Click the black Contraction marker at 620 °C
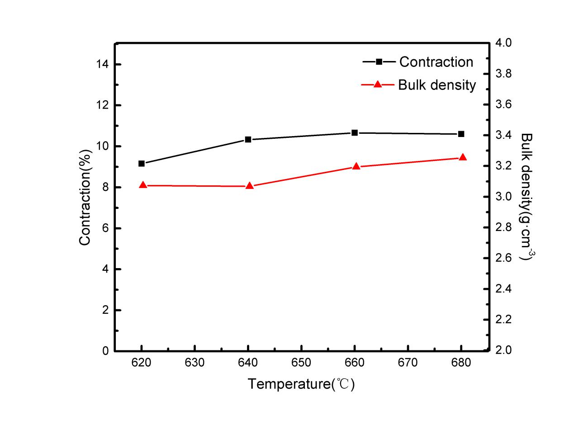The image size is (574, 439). [142, 164]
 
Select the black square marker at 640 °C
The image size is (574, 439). [248, 139]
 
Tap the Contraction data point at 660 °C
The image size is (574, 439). [355, 133]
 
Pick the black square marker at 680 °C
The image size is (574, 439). [461, 134]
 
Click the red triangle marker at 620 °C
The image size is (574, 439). [143, 185]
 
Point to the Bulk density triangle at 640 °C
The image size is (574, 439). [249, 186]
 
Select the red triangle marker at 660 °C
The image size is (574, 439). [356, 166]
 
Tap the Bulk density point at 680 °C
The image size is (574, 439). [463, 157]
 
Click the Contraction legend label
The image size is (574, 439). [436, 62]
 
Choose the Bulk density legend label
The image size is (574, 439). [437, 85]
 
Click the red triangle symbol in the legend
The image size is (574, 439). [379, 84]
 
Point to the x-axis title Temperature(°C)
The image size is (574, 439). [301, 384]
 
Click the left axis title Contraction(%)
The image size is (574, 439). [85, 197]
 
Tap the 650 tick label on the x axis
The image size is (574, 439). [301, 363]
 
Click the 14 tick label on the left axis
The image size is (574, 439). [102, 65]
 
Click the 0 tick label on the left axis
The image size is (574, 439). [106, 351]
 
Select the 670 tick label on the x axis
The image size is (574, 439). [408, 363]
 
